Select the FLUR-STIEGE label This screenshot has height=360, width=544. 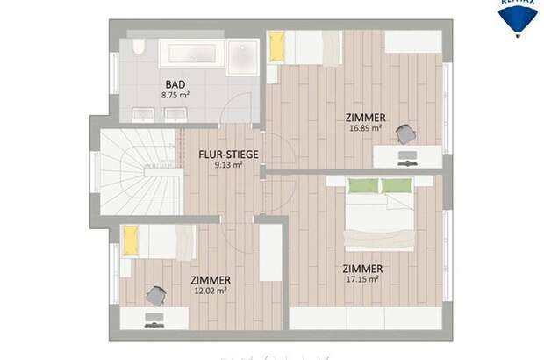tap(227, 155)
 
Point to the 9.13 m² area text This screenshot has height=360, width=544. tap(227, 166)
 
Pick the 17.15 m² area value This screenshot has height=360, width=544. tap(361, 279)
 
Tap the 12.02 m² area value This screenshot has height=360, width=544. tap(210, 291)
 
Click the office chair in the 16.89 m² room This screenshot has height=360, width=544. tap(404, 133)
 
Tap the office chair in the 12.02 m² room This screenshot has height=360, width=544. tap(154, 296)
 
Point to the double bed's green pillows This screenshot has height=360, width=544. tap(381, 185)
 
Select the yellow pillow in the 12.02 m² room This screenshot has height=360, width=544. tap(131, 239)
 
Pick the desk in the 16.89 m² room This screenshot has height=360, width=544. tap(407, 156)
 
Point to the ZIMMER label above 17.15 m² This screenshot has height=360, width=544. tap(363, 268)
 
